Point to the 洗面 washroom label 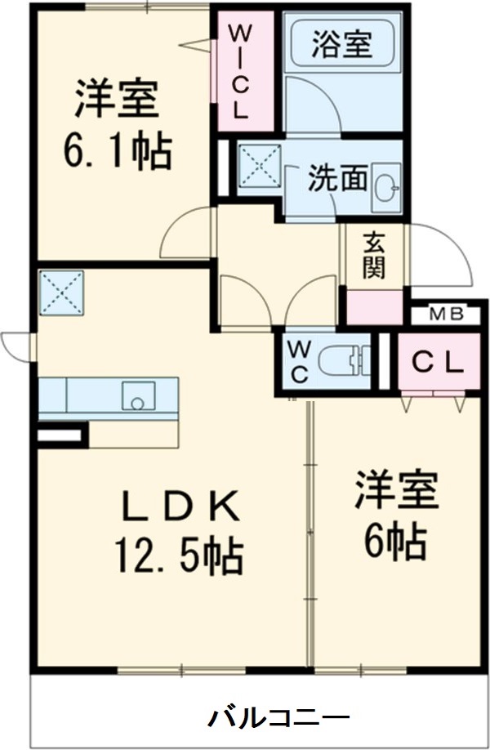coord(337,178)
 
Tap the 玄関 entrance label coord(373,254)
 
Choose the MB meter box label coord(446,314)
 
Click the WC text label coord(297,361)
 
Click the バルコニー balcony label coord(278,718)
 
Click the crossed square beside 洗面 coord(260,167)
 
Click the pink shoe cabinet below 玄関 coord(375,306)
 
